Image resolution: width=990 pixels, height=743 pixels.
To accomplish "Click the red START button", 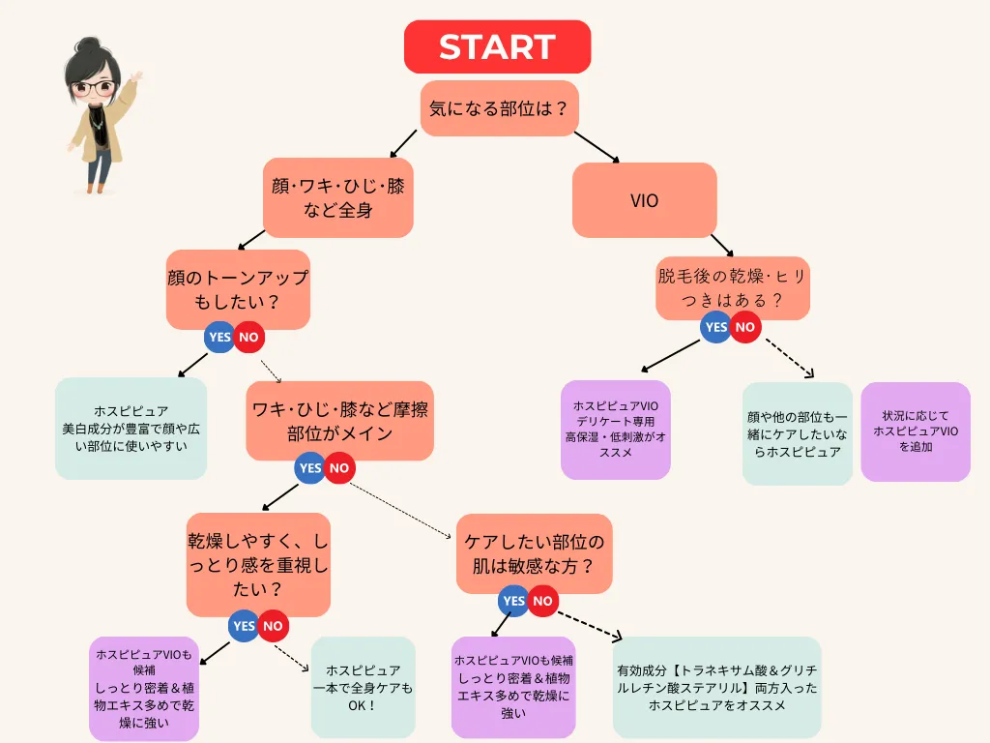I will (497, 46).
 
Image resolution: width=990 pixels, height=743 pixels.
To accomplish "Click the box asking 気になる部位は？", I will (499, 108).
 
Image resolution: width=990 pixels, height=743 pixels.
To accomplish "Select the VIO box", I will (644, 200).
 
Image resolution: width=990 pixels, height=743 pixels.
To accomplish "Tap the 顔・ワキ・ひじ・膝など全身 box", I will (337, 197).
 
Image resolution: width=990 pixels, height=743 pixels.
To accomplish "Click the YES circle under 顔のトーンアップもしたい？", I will (219, 338).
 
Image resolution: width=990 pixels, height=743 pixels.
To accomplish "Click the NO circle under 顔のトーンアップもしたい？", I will (248, 338).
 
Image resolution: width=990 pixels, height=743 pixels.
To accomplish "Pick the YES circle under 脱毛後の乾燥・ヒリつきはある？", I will (716, 327).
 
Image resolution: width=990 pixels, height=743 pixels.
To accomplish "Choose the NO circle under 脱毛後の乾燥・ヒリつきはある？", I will (744, 327).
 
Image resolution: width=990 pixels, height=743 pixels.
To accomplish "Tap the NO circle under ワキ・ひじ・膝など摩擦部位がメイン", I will (338, 468).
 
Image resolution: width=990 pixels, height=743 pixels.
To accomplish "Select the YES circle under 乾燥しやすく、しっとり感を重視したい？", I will (245, 626).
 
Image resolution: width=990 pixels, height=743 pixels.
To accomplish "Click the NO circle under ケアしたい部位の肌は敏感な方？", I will (542, 601).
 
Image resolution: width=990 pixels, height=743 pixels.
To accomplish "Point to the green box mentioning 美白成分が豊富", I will (131, 429).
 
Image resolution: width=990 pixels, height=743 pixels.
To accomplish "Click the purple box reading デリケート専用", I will (615, 430).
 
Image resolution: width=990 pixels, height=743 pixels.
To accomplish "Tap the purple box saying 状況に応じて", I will (915, 431).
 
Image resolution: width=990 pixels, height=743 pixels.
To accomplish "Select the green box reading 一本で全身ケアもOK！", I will (363, 687).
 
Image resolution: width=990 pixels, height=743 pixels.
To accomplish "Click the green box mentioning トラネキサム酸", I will (716, 687).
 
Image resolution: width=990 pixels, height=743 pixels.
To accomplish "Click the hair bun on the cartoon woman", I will (89, 45).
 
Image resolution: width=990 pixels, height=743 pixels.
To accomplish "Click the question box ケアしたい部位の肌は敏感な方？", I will (534, 553).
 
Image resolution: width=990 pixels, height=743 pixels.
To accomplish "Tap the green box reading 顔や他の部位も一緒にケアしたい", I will (797, 433).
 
